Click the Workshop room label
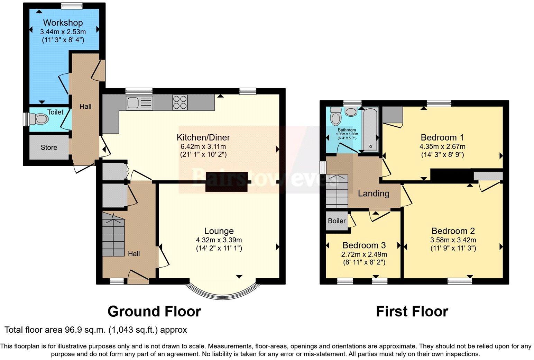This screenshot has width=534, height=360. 63,23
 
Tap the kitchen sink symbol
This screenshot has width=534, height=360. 139,103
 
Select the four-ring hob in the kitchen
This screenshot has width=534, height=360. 180,102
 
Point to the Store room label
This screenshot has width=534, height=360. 49,147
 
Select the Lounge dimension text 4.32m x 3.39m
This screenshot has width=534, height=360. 219,240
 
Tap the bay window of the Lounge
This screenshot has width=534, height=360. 222,291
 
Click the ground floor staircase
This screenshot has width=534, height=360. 113,235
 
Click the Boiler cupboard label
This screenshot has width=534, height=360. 337,221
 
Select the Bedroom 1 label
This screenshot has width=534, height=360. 442,137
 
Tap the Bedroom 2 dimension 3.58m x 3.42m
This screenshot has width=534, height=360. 453,240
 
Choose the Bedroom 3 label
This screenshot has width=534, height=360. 364,245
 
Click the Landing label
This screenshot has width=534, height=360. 374,193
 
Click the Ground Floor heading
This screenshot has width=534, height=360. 154,312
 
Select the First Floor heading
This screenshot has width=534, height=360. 412,312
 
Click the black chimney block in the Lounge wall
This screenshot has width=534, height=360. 227,182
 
